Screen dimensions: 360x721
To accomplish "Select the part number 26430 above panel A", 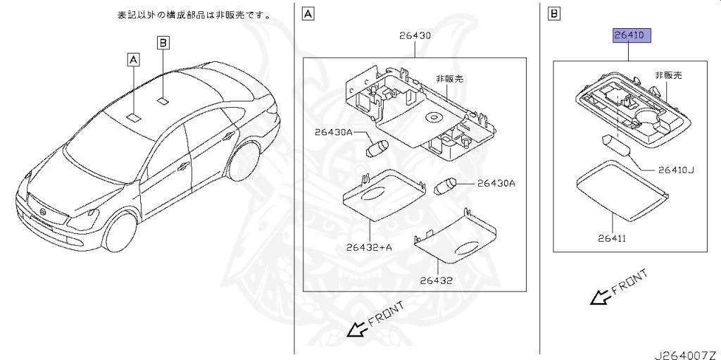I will point(415,35).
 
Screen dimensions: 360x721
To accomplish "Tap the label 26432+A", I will point(369,247).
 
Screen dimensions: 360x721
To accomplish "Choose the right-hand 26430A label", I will point(496,183).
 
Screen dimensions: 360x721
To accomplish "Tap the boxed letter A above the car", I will point(133,60).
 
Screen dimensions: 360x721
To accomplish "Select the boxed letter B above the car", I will point(163,44).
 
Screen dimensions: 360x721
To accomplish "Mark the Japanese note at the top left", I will point(194,15).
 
